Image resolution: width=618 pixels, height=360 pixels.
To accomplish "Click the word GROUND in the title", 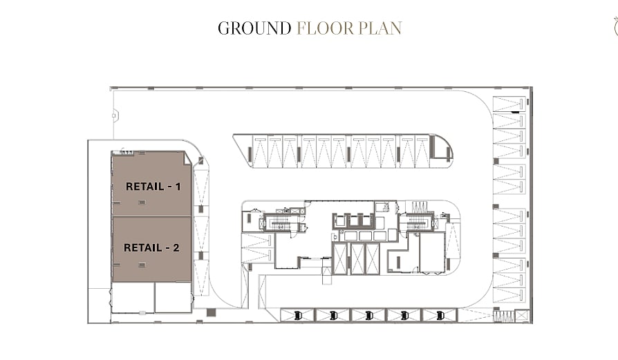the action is point(254,28).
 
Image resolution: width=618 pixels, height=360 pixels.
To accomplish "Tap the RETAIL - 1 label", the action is point(153,187).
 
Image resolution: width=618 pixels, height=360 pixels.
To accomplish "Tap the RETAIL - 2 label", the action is point(152,248).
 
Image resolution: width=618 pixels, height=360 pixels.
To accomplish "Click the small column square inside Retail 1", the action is point(142,202).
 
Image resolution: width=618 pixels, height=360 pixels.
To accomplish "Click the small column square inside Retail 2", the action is point(142,265).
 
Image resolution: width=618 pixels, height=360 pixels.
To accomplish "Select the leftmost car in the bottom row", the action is point(298,315).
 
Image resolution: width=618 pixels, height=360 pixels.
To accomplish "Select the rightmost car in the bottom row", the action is point(440,315).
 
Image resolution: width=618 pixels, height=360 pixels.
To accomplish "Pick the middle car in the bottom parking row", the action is point(369,315).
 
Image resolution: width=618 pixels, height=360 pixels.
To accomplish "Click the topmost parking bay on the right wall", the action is point(509,104).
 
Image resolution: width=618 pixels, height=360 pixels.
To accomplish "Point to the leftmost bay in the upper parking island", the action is point(259,151).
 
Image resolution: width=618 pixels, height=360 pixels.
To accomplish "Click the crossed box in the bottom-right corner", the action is point(521,316).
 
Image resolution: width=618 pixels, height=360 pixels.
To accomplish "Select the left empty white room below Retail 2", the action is point(133,297).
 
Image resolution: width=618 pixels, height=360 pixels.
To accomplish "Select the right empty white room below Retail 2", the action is point(174,297).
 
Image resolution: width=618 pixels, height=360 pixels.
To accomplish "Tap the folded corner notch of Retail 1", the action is point(187,158).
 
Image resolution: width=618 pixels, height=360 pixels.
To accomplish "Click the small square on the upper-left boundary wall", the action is point(114,116).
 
